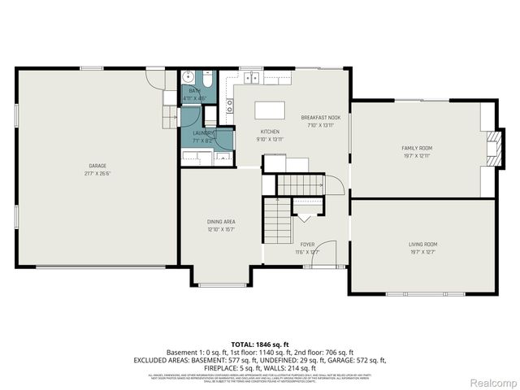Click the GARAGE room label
97,166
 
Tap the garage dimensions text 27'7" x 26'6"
97,173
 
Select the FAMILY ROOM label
417,148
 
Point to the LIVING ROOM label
422,244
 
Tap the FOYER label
307,244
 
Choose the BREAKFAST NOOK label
320,117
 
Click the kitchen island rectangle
271,110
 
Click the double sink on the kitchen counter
249,78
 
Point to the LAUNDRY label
203,132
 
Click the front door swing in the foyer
325,252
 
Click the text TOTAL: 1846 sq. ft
260,344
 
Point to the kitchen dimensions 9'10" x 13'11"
270,139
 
